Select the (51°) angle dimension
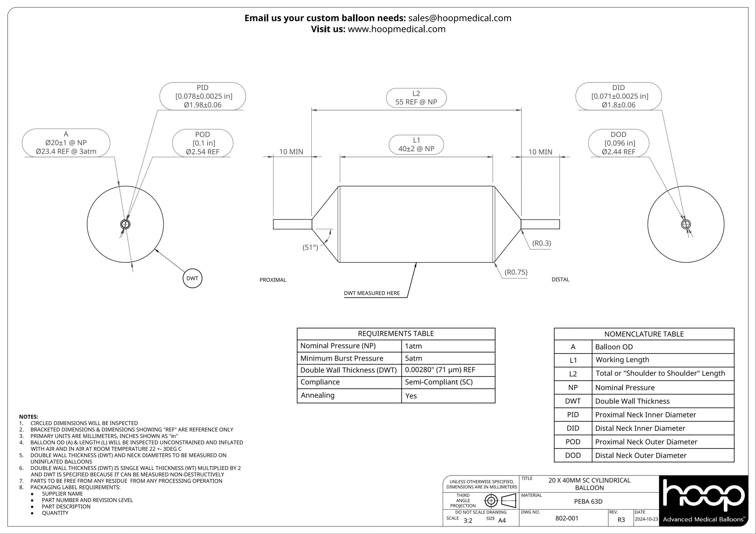coord(310,247)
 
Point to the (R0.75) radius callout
coord(516,272)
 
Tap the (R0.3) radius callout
coord(541,243)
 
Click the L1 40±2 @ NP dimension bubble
coord(416,145)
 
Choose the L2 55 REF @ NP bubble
coord(416,98)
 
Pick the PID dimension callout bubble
coord(203,96)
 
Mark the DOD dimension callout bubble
coord(618,143)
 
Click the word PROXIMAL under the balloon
coord(273,280)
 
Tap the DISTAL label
coord(561,280)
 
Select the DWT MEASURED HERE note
coord(372,293)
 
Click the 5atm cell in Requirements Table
coord(413,358)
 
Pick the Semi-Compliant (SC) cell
coord(439,382)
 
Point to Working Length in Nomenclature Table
coord(622,360)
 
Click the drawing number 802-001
coord(567,518)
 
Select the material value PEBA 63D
coord(588,502)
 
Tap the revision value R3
coord(621,520)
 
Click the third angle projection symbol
coord(500,501)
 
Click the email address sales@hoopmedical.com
coord(460,18)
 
